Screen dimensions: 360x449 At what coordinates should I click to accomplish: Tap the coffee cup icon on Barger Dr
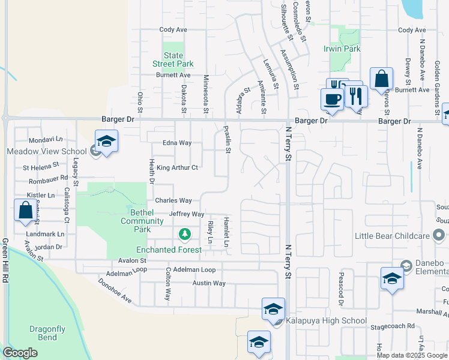coord(331,99)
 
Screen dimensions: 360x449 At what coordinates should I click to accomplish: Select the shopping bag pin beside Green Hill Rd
coord(25,210)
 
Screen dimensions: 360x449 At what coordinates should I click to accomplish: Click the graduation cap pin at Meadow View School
coord(106,142)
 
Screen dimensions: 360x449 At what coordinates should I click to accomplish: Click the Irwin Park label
coord(342,49)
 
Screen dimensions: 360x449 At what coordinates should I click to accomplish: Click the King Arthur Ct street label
coord(177,168)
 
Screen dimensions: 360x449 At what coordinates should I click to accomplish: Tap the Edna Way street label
coord(176,143)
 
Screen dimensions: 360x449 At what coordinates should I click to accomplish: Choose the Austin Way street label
coord(209,283)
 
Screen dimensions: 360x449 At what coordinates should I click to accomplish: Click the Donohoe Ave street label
coord(114,289)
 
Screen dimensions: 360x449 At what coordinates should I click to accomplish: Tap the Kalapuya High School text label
coord(325,321)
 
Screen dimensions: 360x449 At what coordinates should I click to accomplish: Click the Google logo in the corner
coord(20,353)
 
